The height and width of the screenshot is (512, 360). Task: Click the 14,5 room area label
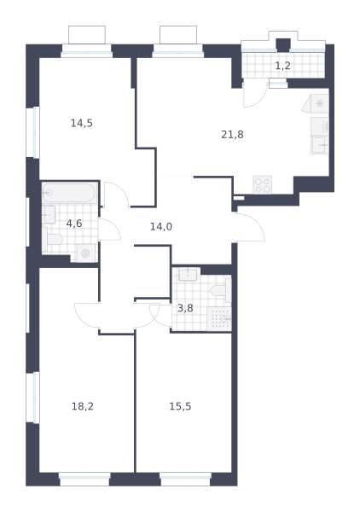click(82, 123)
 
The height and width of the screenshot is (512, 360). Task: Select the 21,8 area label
click(232, 134)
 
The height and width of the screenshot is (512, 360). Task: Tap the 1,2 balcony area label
click(282, 66)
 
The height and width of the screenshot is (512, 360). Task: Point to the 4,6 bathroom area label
click(74, 224)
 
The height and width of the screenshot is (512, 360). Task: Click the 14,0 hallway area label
click(161, 226)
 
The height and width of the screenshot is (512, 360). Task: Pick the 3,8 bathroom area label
click(185, 308)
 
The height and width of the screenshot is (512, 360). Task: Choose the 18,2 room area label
click(82, 406)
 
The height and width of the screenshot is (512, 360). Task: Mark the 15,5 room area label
click(180, 406)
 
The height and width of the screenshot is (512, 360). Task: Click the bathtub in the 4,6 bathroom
click(69, 193)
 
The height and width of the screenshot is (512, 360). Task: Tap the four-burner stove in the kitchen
click(263, 185)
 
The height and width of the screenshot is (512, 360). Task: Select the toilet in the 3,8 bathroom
click(221, 290)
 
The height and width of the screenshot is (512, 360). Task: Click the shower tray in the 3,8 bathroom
click(219, 318)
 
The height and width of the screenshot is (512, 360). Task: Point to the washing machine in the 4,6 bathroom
click(86, 253)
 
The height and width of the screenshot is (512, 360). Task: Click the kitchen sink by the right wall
click(320, 145)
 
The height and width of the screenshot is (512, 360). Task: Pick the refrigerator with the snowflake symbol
click(316, 104)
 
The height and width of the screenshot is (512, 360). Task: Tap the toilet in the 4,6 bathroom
click(52, 239)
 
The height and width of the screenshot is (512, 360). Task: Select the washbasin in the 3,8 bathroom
click(188, 275)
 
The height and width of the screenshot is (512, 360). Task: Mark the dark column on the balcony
click(283, 45)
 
